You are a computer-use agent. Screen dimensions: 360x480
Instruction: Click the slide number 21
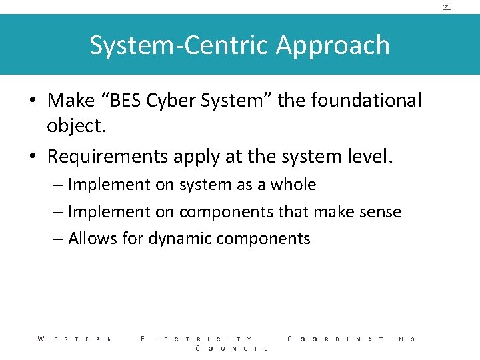447,7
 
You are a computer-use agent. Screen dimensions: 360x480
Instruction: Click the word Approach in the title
333,45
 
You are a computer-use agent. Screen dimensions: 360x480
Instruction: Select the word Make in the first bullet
72,100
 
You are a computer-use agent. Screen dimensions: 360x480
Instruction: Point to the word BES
125,100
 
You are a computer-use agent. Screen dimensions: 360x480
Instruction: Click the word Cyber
172,101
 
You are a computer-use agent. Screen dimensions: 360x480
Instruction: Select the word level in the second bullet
370,157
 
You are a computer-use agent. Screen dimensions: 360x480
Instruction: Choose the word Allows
93,239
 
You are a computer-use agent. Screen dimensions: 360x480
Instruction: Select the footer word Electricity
197,339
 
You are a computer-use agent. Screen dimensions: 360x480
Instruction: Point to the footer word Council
231,349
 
